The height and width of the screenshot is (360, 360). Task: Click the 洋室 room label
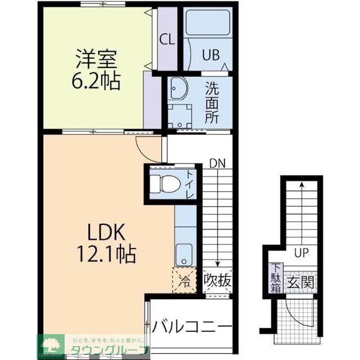pyautogui.click(x=96, y=58)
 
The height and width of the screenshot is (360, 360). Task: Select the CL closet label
pyautogui.click(x=166, y=40)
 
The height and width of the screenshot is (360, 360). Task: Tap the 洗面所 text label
pyautogui.click(x=211, y=103)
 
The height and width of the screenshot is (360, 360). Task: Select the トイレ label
pyautogui.click(x=189, y=184)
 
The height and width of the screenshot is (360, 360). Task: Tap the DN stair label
pyautogui.click(x=217, y=164)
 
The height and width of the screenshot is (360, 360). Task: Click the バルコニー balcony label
pyautogui.click(x=191, y=327)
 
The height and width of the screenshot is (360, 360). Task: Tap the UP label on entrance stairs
pyautogui.click(x=301, y=253)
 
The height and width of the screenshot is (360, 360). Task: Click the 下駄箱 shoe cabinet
pyautogui.click(x=276, y=279)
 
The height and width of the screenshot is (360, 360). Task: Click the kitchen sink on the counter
pyautogui.click(x=183, y=255)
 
